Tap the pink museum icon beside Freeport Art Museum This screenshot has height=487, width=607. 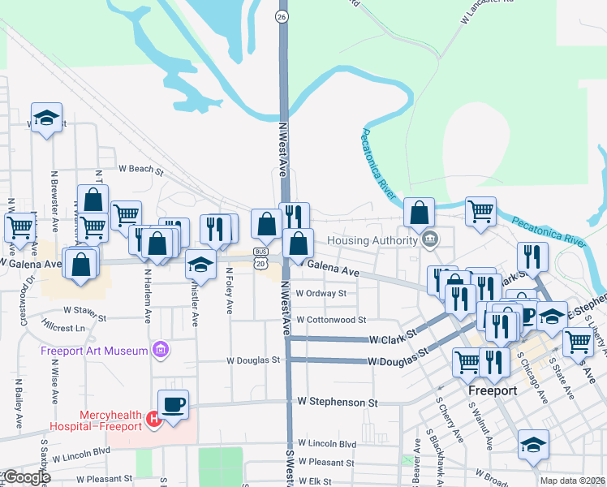(x=161, y=351)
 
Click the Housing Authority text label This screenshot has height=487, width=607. (x=372, y=240)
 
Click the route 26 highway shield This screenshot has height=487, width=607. (x=282, y=16)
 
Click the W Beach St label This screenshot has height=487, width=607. (x=141, y=170)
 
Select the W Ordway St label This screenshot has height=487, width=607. (x=321, y=294)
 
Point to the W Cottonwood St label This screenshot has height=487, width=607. (x=332, y=321)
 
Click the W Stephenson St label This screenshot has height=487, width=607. (x=338, y=402)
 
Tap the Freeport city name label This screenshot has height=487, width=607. (x=493, y=390)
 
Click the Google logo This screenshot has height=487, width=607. (x=27, y=477)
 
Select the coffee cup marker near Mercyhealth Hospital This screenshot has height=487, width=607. (x=174, y=403)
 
